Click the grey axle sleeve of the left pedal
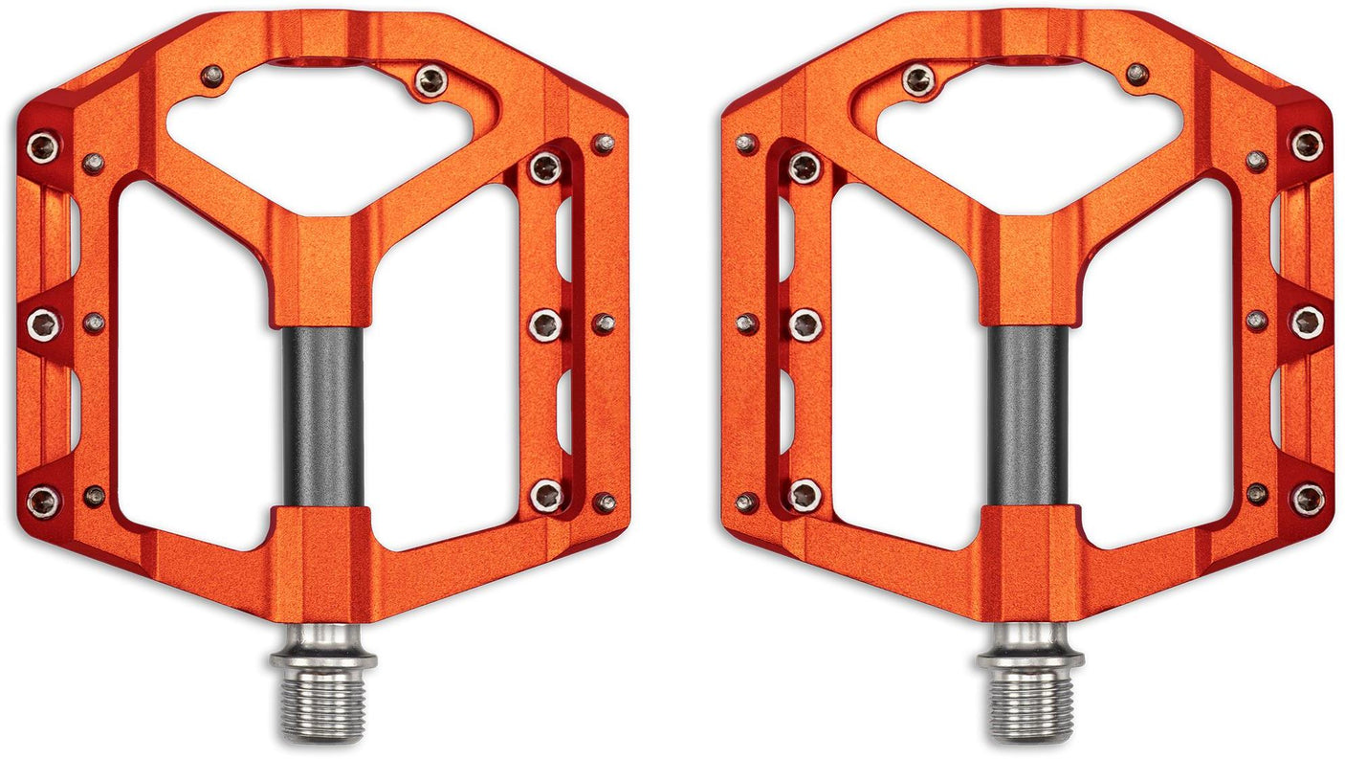pyautogui.click(x=323, y=416)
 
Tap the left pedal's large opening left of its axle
pyautogui.click(x=196, y=364)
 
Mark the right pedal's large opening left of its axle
pyautogui.click(x=904, y=364)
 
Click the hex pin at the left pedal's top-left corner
pyautogui.click(x=43, y=146)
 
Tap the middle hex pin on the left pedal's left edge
pyautogui.click(x=43, y=324)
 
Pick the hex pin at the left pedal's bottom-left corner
pyautogui.click(x=43, y=500)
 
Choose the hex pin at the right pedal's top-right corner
pyautogui.click(x=1307, y=145)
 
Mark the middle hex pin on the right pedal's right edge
pyautogui.click(x=1307, y=323)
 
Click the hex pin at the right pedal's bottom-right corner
pyautogui.click(x=1307, y=499)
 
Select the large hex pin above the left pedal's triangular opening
pyautogui.click(x=430, y=81)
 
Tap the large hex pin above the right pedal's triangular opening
pyautogui.click(x=919, y=80)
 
